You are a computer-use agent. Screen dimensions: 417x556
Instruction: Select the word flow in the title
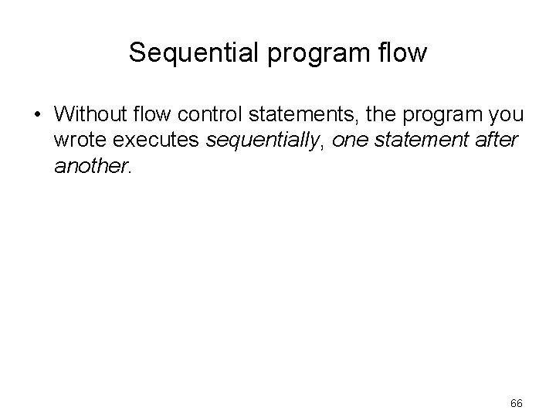tap(402, 53)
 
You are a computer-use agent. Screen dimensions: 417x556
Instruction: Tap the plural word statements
tap(289, 114)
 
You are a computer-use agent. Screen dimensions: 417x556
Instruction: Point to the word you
tap(506, 116)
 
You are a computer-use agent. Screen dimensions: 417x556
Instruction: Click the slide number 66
tap(517, 403)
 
